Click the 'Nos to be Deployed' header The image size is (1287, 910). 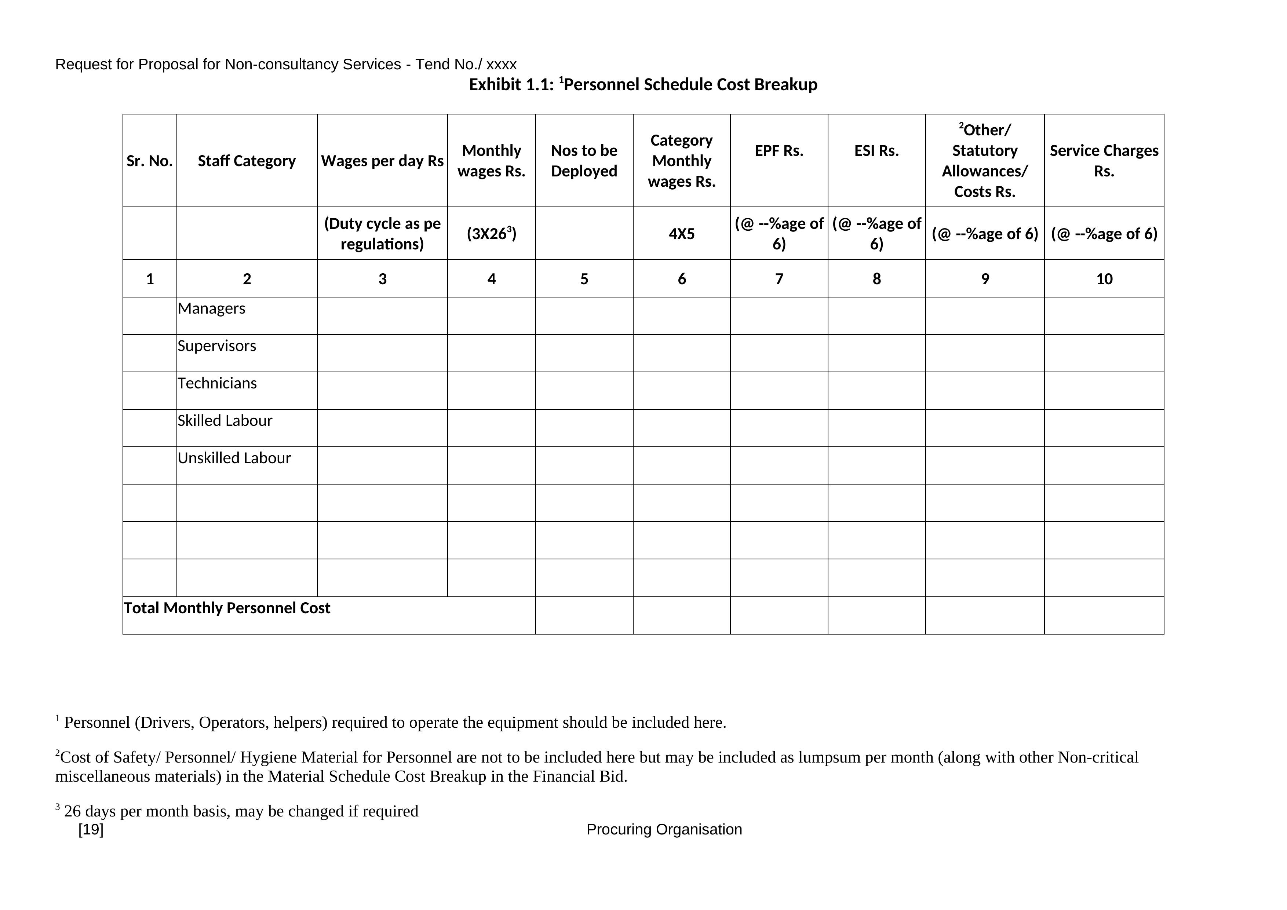click(x=584, y=161)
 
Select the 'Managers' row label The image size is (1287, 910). click(x=211, y=309)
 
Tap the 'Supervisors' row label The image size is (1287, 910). click(x=217, y=346)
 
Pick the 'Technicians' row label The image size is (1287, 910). click(x=217, y=383)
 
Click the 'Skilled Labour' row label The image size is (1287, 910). click(x=225, y=421)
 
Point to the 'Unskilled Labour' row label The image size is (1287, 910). click(x=234, y=458)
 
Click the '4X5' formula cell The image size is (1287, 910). click(x=682, y=234)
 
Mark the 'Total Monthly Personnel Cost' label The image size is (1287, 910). click(x=227, y=608)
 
